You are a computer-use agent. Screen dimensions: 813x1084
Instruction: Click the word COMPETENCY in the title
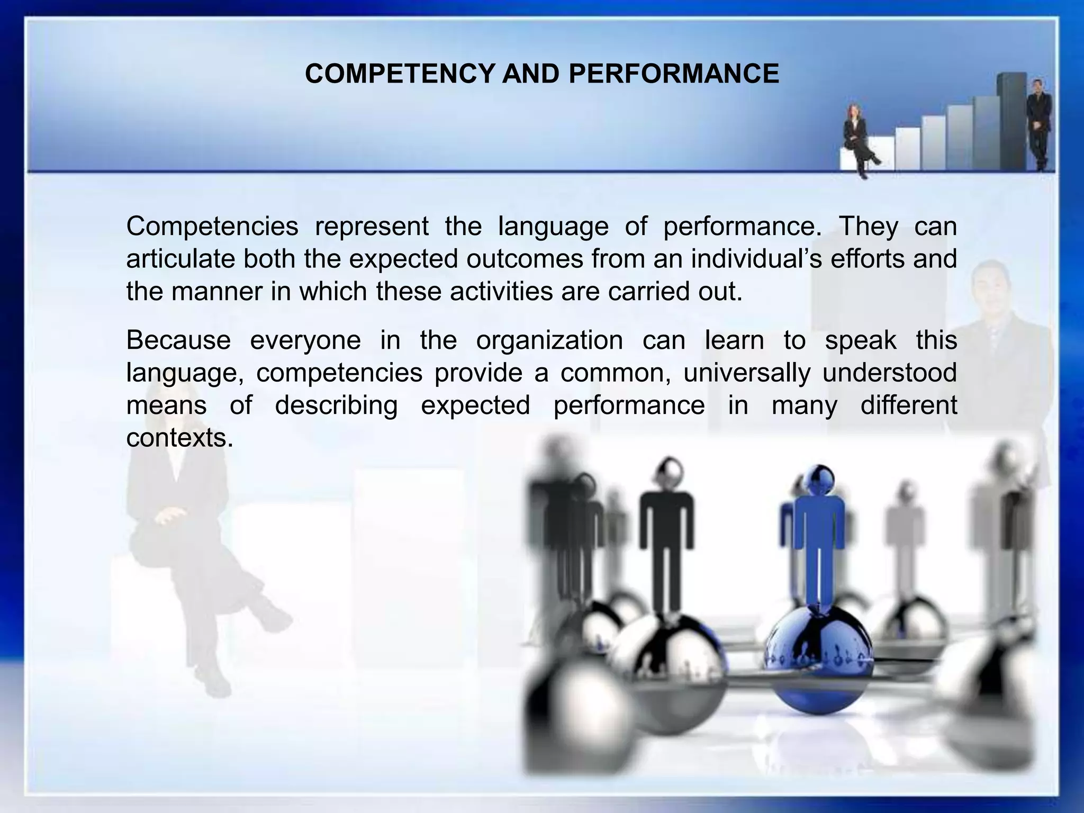click(x=400, y=74)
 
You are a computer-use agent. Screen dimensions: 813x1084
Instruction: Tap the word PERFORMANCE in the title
click(x=673, y=74)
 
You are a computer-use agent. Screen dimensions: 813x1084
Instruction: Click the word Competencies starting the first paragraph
click(x=212, y=227)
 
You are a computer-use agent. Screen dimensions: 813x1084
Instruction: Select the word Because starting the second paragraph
click(x=178, y=340)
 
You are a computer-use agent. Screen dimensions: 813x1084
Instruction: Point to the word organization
click(x=549, y=340)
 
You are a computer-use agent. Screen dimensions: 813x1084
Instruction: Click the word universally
click(x=746, y=373)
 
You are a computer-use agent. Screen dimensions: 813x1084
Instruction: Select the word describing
click(x=336, y=405)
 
